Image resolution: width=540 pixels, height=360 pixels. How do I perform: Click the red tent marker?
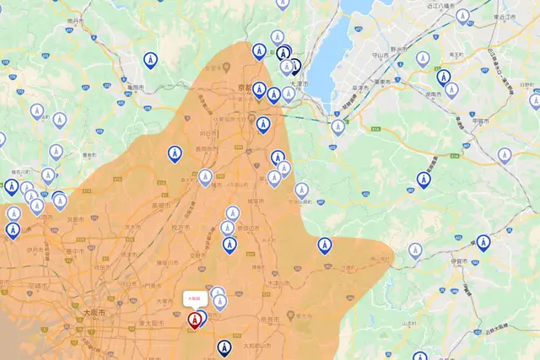click(194, 320)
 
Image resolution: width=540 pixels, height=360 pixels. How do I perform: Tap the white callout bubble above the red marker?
click(194, 298)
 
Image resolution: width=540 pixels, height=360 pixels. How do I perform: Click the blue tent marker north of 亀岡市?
click(149, 61)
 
